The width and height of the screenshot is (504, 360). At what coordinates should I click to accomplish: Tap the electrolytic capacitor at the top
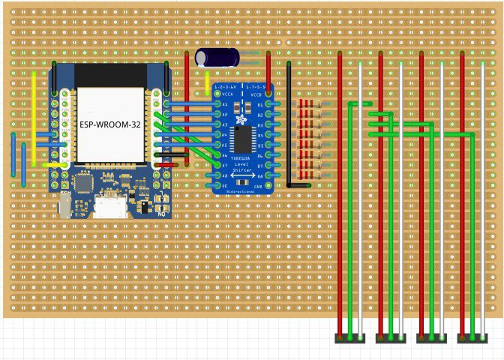pyautogui.click(x=217, y=57)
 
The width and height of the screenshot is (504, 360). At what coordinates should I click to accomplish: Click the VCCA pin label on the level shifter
pyautogui.click(x=226, y=95)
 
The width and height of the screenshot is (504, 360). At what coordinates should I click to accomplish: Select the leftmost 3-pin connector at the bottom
pyautogui.click(x=349, y=339)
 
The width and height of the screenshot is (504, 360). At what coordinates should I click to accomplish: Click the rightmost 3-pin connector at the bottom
pyautogui.click(x=472, y=339)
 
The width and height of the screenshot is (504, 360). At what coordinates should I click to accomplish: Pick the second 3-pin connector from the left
pyautogui.click(x=391, y=339)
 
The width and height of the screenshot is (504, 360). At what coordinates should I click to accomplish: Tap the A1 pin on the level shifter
pyautogui.click(x=216, y=104)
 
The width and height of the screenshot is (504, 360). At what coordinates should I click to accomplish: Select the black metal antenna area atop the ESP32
pyautogui.click(x=110, y=75)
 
